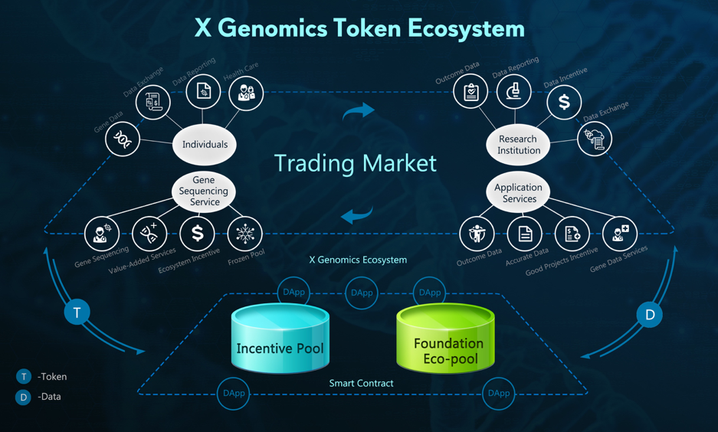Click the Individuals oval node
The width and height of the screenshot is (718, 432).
pyautogui.click(x=205, y=144)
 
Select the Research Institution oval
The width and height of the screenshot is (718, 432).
pyautogui.click(x=519, y=144)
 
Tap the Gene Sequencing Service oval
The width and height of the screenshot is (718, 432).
pyautogui.click(x=203, y=191)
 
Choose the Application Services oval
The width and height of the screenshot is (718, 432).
pyautogui.click(x=519, y=193)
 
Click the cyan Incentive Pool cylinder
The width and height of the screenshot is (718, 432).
pyautogui.click(x=280, y=341)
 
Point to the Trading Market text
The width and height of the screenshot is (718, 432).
pyautogui.click(x=355, y=162)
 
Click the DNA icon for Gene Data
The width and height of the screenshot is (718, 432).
pyautogui.click(x=123, y=139)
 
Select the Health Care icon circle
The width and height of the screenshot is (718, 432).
pyautogui.click(x=246, y=93)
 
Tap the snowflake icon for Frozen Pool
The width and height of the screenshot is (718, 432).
pyautogui.click(x=245, y=234)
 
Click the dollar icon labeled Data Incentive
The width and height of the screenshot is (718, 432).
pyautogui.click(x=564, y=102)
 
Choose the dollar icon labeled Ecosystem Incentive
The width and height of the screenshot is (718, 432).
pyautogui.click(x=197, y=234)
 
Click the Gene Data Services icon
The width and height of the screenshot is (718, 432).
pyautogui.click(x=619, y=234)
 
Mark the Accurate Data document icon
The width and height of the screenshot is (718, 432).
pyautogui.click(x=525, y=234)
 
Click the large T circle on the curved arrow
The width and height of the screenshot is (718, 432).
pyautogui.click(x=77, y=313)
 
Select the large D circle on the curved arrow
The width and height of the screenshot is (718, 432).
pyautogui.click(x=650, y=314)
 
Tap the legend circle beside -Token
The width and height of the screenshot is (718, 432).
pyautogui.click(x=24, y=376)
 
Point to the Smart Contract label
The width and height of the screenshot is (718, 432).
pyautogui.click(x=361, y=383)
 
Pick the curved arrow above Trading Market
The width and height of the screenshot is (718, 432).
pyautogui.click(x=359, y=112)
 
